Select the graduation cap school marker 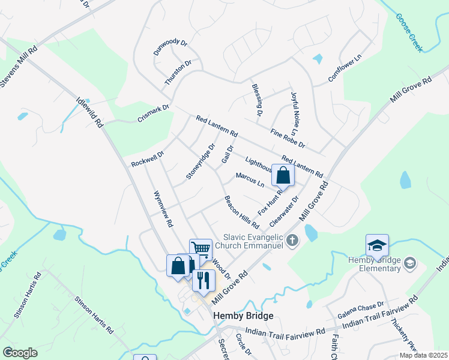click(377, 245)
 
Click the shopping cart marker click(201, 249)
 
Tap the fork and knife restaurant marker click(203, 280)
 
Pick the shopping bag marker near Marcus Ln click(283, 175)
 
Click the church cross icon click(292, 241)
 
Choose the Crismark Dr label click(154, 114)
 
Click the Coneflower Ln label click(345, 68)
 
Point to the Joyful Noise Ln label click(294, 113)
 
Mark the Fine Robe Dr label click(288, 139)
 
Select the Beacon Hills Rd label click(241, 212)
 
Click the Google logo click(20, 352)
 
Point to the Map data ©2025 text click(423, 355)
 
